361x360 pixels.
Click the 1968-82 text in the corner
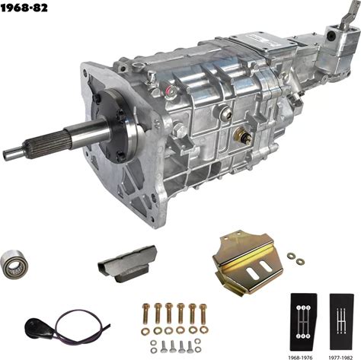tap(24, 8)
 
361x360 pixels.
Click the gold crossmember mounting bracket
tap(248, 263)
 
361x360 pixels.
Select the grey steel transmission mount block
tap(127, 263)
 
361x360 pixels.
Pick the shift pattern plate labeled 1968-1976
tap(303, 322)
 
